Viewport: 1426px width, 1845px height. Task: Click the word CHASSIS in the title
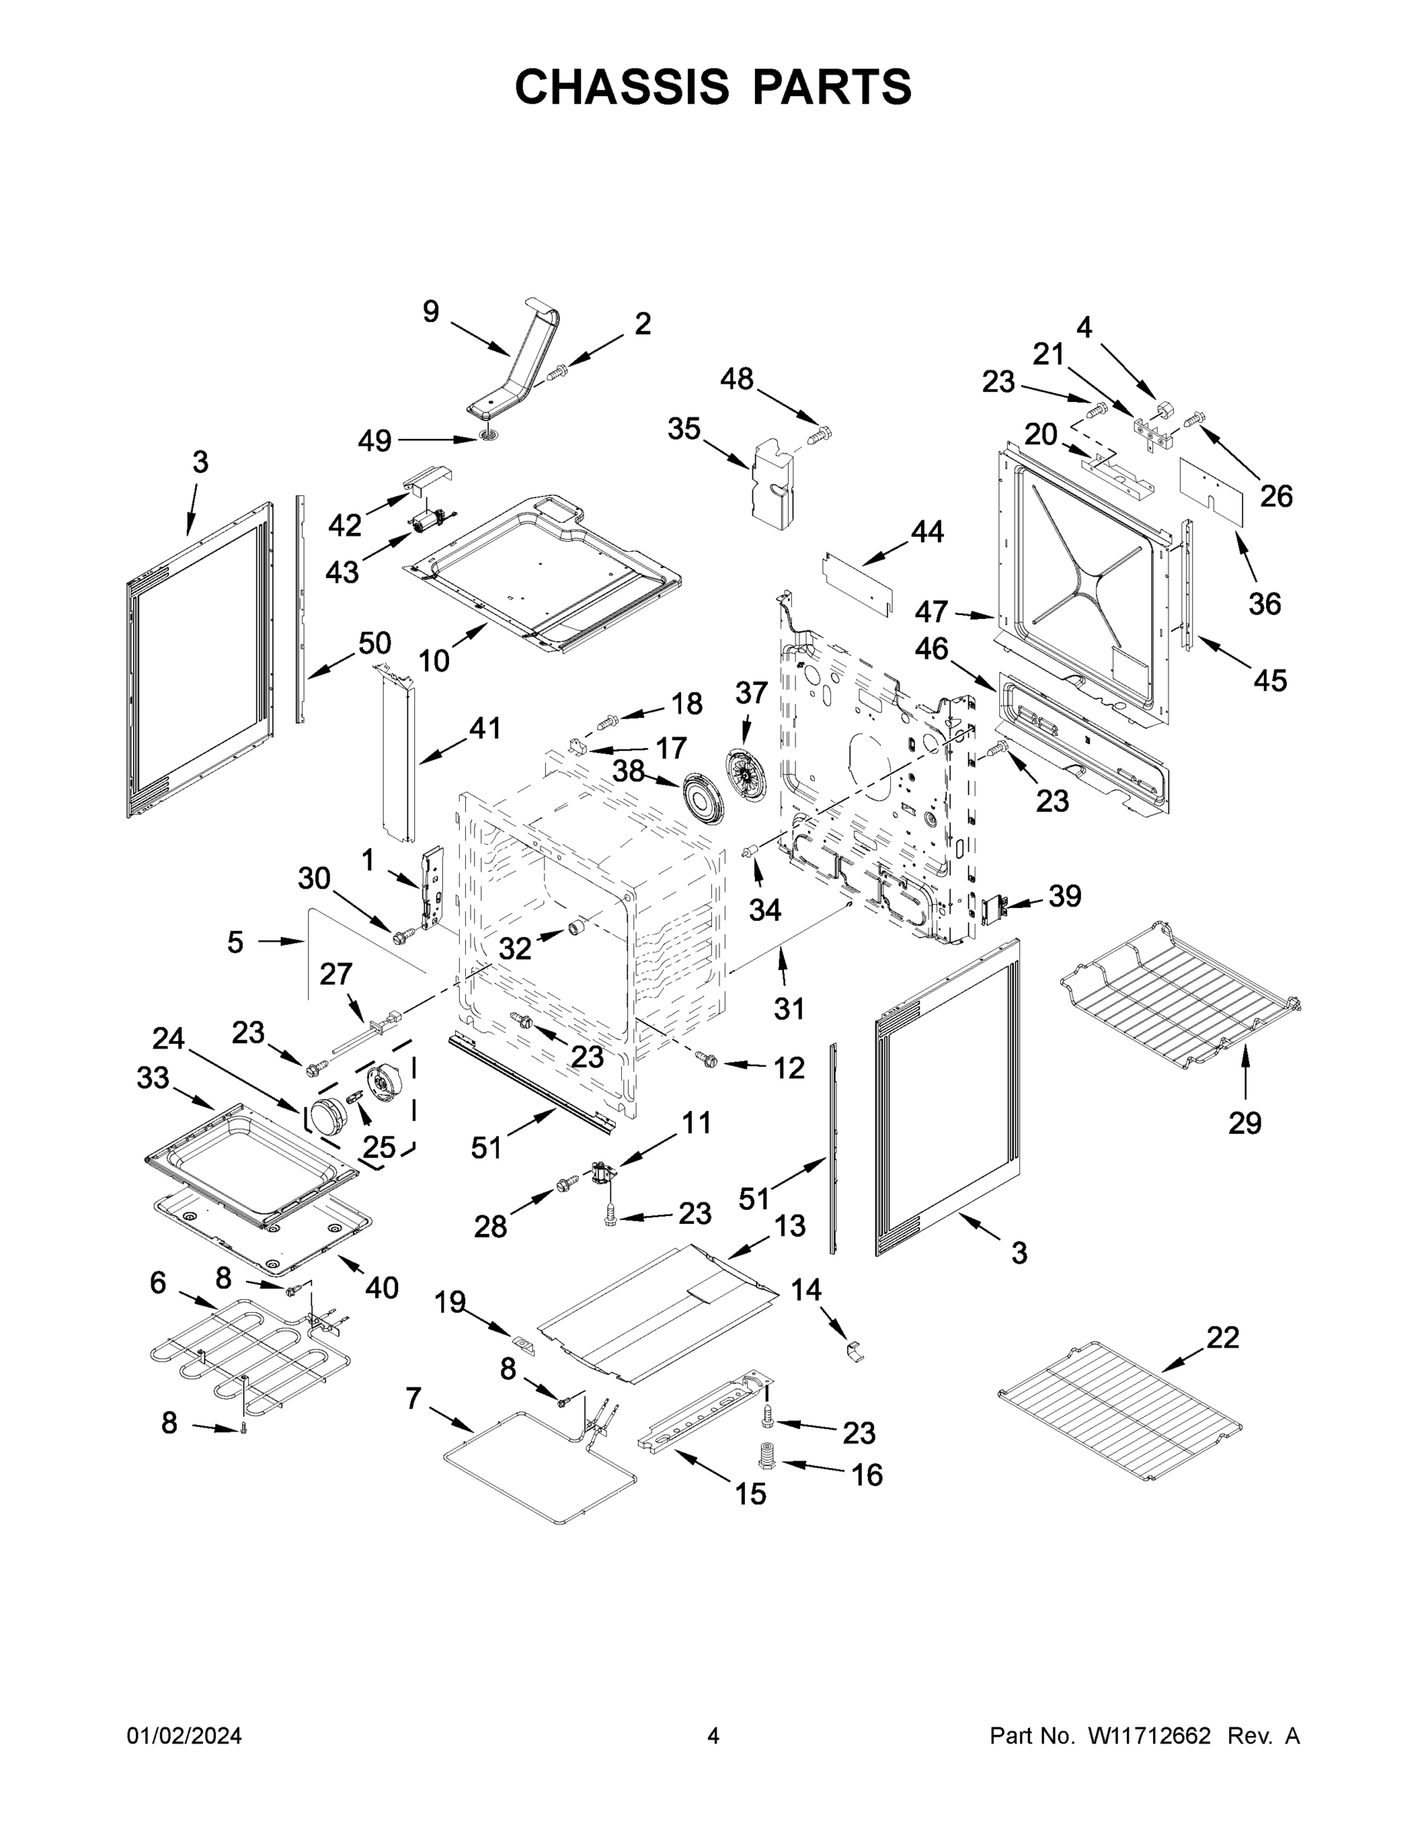point(622,87)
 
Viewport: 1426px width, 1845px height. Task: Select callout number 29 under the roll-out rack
point(1245,1122)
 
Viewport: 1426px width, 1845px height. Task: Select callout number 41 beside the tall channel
point(485,727)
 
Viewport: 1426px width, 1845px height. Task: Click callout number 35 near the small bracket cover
point(683,428)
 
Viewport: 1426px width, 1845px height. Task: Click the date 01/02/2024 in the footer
point(184,1735)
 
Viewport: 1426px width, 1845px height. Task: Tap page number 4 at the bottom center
point(713,1735)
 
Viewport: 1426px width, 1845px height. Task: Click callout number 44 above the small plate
point(927,531)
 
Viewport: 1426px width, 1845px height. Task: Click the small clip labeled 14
point(855,1351)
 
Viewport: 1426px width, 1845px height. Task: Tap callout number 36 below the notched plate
point(1264,603)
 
